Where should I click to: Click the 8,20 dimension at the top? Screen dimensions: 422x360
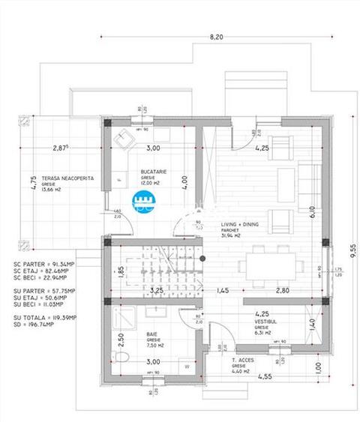(217, 36)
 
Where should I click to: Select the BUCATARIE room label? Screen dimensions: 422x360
(153, 175)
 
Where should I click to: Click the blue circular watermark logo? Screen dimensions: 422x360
(142, 199)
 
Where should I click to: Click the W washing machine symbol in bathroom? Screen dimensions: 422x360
(186, 367)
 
